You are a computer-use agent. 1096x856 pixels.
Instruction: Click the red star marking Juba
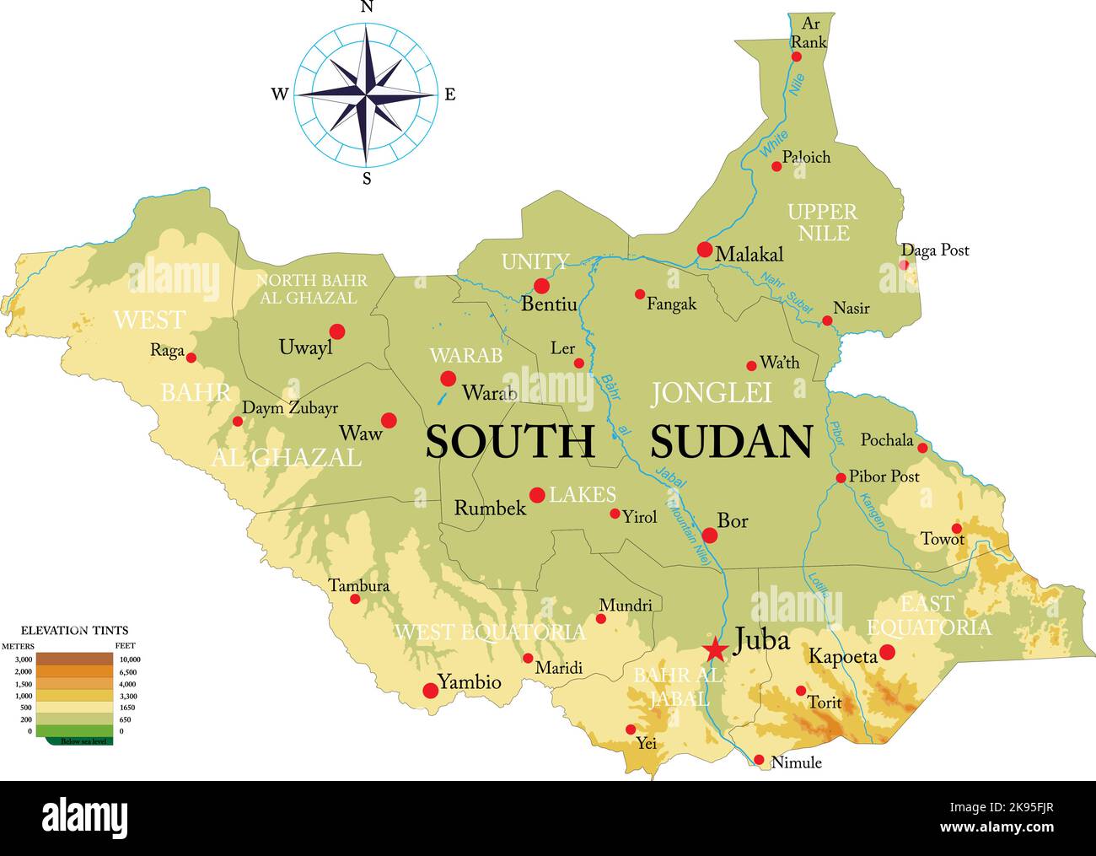715,649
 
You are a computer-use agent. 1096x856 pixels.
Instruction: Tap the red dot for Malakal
705,250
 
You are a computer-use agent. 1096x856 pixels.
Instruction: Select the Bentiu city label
549,304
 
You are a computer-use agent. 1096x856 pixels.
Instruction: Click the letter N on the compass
367,8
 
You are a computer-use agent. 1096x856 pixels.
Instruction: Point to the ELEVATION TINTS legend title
74,630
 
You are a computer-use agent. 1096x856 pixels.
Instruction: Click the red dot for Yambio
430,691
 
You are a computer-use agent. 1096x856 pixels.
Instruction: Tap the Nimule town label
796,763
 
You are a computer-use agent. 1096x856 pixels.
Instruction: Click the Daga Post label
935,250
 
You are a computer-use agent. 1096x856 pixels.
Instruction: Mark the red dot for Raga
191,358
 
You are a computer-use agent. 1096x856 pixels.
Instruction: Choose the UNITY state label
535,261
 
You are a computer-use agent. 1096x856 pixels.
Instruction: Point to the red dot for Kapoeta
887,652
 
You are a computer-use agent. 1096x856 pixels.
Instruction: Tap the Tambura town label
358,585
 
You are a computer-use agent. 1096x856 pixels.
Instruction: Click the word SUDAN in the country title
731,442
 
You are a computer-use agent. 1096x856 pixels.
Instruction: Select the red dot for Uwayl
337,331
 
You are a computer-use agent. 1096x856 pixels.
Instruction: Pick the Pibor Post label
884,476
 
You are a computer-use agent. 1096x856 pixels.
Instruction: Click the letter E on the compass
450,94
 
